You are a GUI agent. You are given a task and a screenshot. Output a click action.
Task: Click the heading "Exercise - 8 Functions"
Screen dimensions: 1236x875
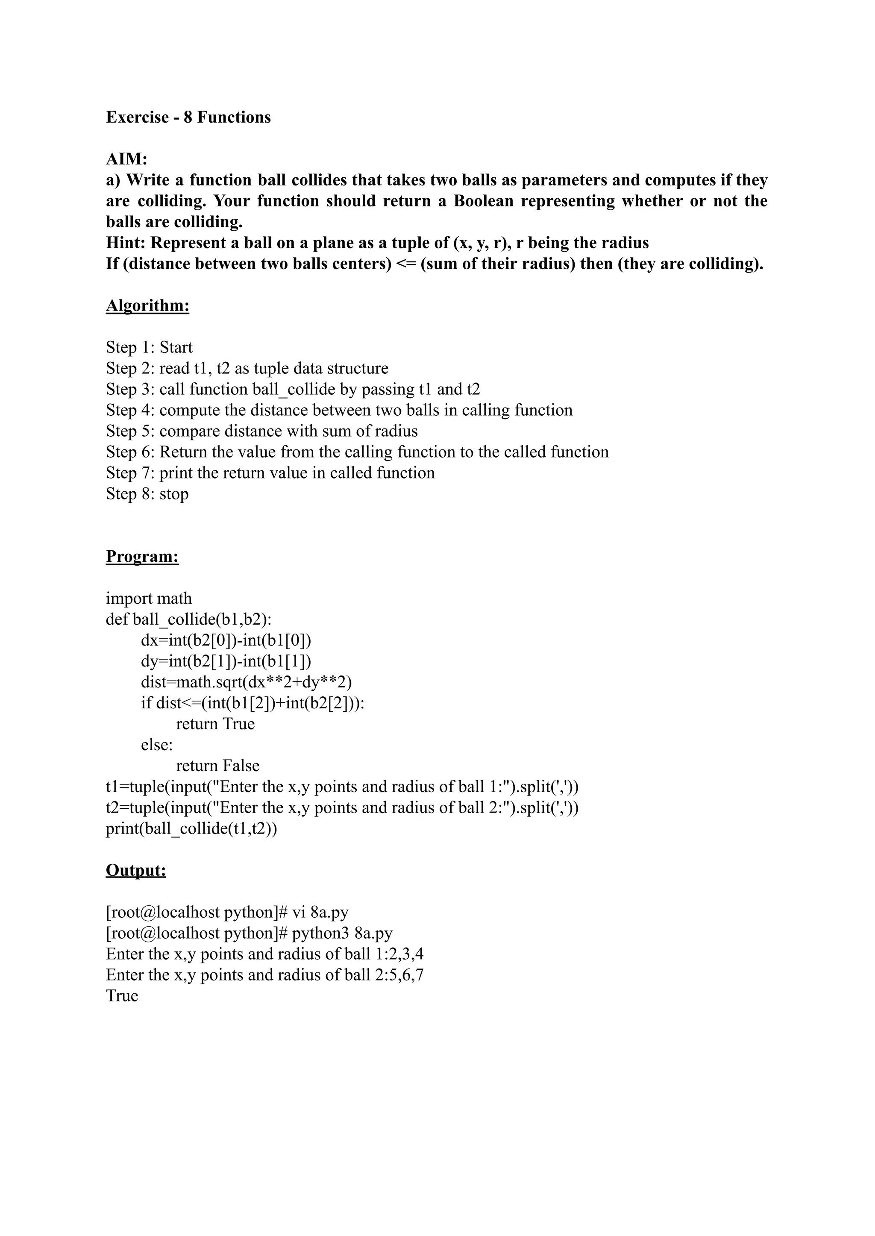pos(188,117)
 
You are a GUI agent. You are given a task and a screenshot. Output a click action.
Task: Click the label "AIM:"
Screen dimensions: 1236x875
pos(126,159)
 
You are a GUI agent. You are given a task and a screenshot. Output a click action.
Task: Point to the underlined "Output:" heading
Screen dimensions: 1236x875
pos(136,871)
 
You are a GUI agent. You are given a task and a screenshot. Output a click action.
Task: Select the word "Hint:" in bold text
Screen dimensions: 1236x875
pos(126,243)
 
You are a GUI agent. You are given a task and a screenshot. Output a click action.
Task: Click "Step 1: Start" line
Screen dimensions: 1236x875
pos(149,347)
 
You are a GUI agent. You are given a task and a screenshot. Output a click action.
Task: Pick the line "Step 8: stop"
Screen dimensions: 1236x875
pos(147,494)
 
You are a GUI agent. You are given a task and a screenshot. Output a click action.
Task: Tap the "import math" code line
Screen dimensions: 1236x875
pos(149,599)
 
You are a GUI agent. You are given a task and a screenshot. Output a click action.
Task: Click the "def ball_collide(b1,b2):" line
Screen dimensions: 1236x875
pos(188,619)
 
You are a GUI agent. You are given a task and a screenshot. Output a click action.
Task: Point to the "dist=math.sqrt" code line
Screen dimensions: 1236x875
pos(246,683)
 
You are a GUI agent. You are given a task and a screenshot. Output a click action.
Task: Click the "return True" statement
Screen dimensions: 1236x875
pos(215,724)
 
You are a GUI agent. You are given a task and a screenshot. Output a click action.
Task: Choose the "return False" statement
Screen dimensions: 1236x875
pos(217,766)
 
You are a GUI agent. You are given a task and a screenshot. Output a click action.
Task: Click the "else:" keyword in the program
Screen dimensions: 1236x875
pos(157,745)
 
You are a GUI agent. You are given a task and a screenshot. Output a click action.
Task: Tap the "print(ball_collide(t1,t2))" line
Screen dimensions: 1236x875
pos(191,829)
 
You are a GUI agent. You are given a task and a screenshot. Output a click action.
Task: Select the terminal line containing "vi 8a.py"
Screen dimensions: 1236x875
pos(227,912)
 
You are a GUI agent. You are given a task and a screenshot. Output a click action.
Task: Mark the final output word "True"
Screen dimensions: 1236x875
pos(122,996)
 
